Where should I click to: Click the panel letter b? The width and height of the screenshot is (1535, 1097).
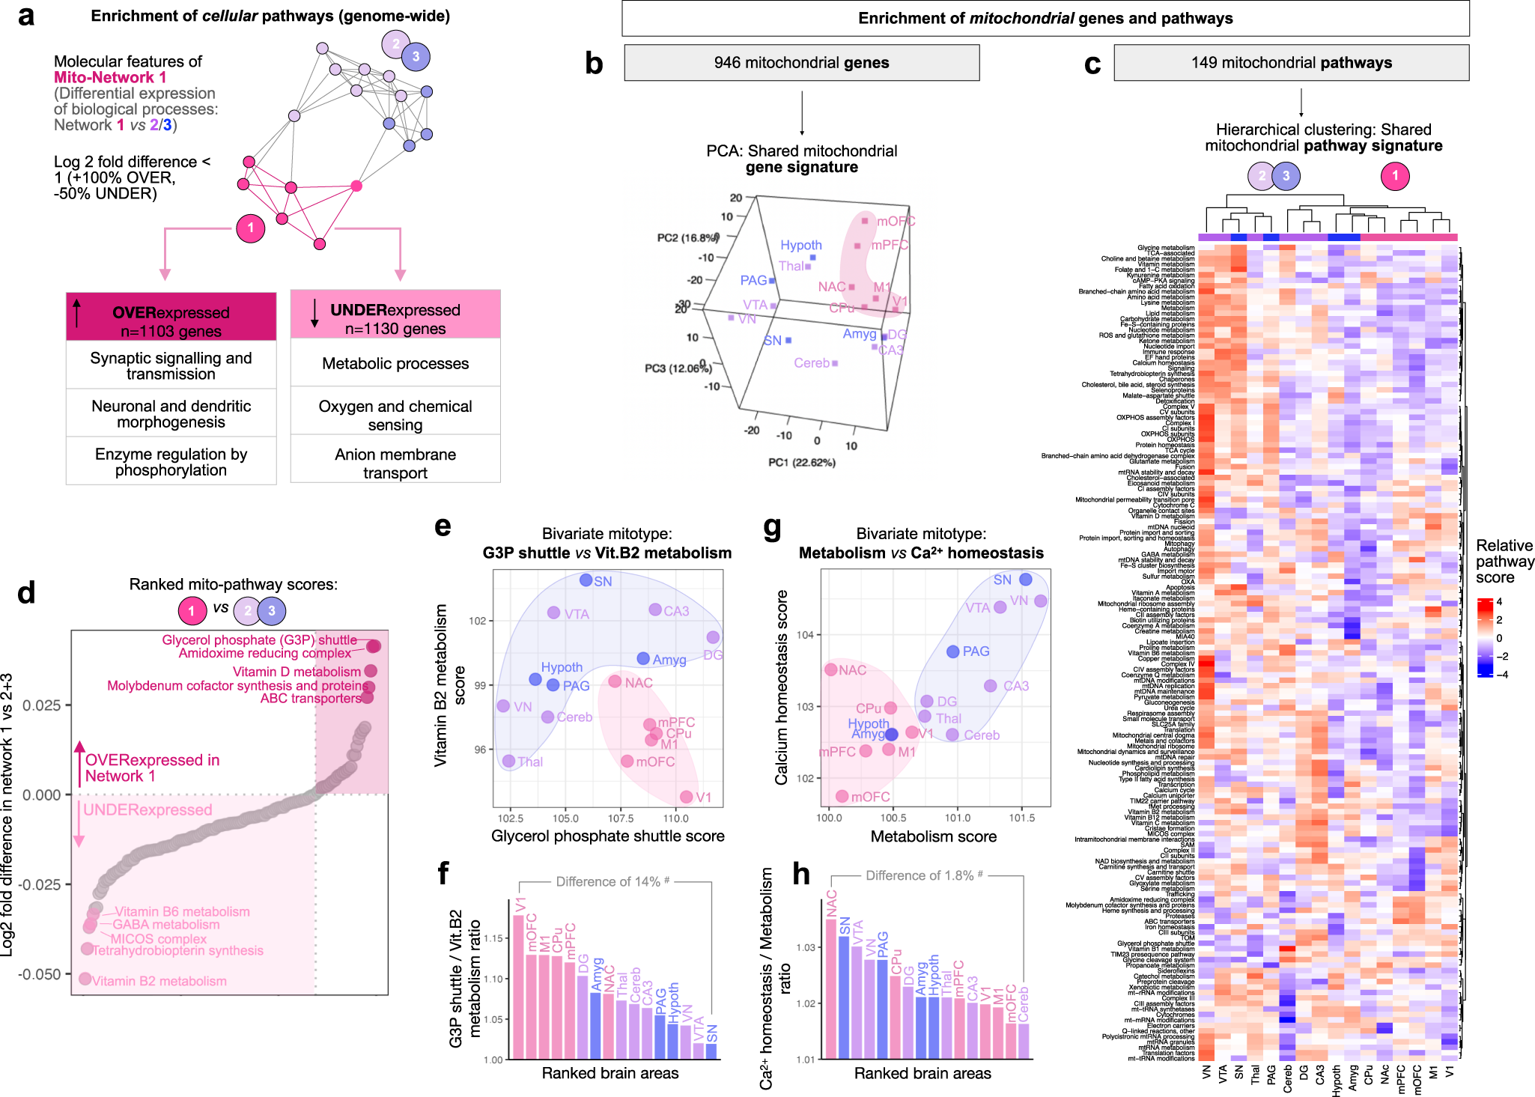click(x=593, y=64)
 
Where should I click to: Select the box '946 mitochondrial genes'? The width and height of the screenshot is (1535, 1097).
click(x=801, y=63)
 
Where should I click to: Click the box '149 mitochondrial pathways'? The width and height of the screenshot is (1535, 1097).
click(x=1291, y=63)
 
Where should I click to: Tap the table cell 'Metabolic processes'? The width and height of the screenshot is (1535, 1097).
click(x=395, y=364)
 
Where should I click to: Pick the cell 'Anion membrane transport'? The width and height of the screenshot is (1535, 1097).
click(x=395, y=464)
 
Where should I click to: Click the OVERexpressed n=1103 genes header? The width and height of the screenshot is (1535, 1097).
click(x=171, y=317)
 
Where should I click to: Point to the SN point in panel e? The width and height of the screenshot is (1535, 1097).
click(x=586, y=580)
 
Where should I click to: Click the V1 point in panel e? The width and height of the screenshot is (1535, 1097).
click(x=686, y=797)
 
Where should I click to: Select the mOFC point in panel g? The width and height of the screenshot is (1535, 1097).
click(x=842, y=796)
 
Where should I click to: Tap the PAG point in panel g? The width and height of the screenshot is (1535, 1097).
click(x=952, y=651)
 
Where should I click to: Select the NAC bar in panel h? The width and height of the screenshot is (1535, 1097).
click(x=830, y=988)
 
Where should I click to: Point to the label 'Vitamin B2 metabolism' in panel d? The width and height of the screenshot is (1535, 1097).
click(x=159, y=981)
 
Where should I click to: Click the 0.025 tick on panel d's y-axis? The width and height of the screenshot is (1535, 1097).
click(x=42, y=705)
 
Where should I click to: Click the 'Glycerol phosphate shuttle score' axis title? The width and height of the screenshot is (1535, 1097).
click(x=607, y=836)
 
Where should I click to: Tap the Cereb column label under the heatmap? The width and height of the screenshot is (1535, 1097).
click(x=1287, y=1079)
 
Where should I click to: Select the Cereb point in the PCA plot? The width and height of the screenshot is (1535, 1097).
click(x=835, y=363)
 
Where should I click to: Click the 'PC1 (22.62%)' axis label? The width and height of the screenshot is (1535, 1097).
click(x=801, y=462)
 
